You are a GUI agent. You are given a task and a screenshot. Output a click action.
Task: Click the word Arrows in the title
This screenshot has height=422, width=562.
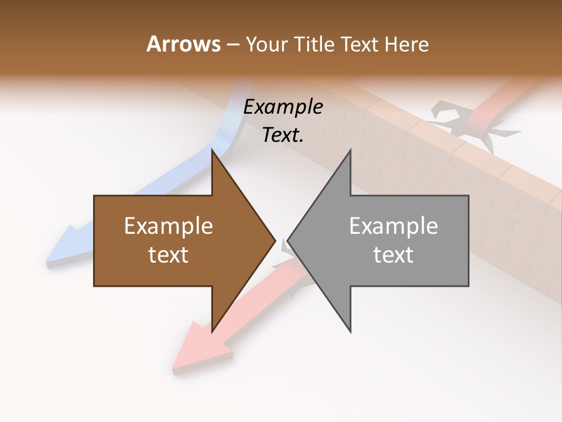point(183,44)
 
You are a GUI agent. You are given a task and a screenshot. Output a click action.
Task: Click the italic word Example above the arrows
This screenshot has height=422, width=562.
point(283,107)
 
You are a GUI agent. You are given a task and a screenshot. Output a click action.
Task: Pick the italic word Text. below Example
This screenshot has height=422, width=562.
point(283,135)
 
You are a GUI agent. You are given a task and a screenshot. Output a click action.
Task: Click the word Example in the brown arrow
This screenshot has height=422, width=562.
point(169,226)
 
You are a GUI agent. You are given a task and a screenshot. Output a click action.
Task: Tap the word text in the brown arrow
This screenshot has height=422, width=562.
point(169,255)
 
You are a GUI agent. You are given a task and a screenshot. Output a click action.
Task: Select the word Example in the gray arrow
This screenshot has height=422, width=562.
point(393,226)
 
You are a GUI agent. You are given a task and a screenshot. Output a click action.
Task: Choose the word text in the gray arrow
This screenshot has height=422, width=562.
point(393,255)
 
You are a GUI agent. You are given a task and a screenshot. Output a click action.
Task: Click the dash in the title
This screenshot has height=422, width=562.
point(232,45)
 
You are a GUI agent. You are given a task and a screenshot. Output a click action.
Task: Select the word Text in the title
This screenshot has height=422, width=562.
point(361,45)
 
